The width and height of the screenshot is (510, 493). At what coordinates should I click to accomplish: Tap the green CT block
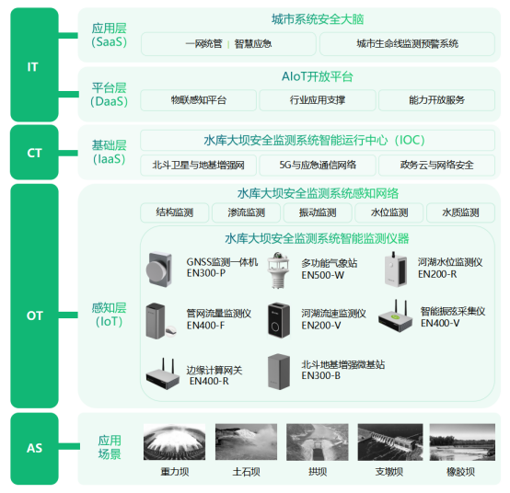click(x=34, y=153)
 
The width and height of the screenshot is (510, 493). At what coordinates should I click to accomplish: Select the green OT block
click(x=34, y=315)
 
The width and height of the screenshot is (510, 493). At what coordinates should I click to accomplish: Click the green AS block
click(x=34, y=449)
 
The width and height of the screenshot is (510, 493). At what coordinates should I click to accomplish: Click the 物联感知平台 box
click(x=198, y=100)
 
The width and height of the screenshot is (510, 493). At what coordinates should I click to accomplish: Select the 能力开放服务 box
click(x=435, y=100)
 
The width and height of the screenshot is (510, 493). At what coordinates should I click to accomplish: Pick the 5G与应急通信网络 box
click(x=318, y=166)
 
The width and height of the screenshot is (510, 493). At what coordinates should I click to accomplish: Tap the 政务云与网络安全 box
click(x=437, y=166)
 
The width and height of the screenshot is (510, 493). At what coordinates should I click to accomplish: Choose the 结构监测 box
click(x=175, y=212)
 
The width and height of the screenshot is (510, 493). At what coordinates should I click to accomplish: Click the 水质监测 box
click(x=460, y=212)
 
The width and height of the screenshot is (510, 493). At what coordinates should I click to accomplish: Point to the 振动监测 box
click(x=318, y=212)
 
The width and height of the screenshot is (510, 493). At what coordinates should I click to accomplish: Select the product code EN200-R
click(x=437, y=274)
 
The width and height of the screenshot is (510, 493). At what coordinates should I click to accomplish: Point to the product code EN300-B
click(x=321, y=376)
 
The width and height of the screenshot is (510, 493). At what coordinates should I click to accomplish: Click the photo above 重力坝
click(x=174, y=442)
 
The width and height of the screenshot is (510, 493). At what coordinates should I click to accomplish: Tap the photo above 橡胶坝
click(x=460, y=442)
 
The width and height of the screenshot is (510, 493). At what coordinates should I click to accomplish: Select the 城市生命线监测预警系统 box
click(x=407, y=43)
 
